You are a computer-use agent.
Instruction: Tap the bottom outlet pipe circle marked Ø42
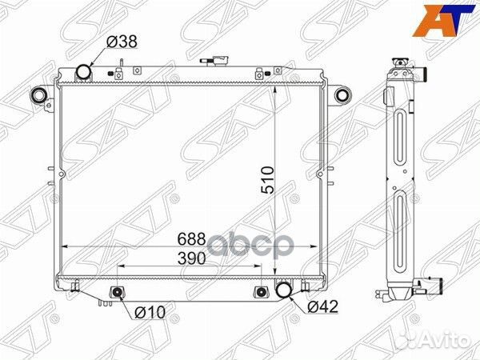[284, 290]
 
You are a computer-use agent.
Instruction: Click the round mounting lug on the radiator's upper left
[38, 97]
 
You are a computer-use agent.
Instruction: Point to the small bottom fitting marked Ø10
[118, 292]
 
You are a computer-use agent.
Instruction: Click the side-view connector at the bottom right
[433, 282]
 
